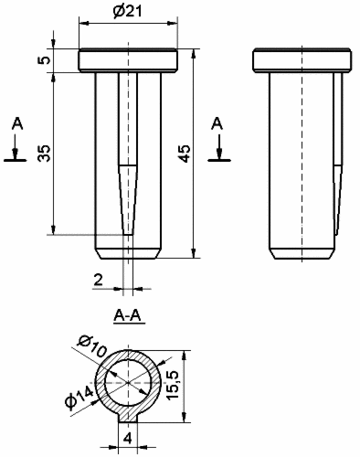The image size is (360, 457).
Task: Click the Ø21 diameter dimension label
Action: click(x=128, y=11)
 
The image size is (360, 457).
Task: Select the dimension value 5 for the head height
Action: click(x=44, y=59)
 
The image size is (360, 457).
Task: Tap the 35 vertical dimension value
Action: click(x=44, y=154)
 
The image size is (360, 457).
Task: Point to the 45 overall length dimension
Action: click(x=185, y=154)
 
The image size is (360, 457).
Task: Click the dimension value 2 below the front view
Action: click(x=98, y=280)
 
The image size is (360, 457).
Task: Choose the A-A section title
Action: click(x=128, y=316)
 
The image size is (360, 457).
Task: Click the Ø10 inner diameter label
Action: click(x=92, y=345)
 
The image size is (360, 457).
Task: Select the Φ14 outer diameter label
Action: click(x=79, y=397)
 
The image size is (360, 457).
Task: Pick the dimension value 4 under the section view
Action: click(x=128, y=439)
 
